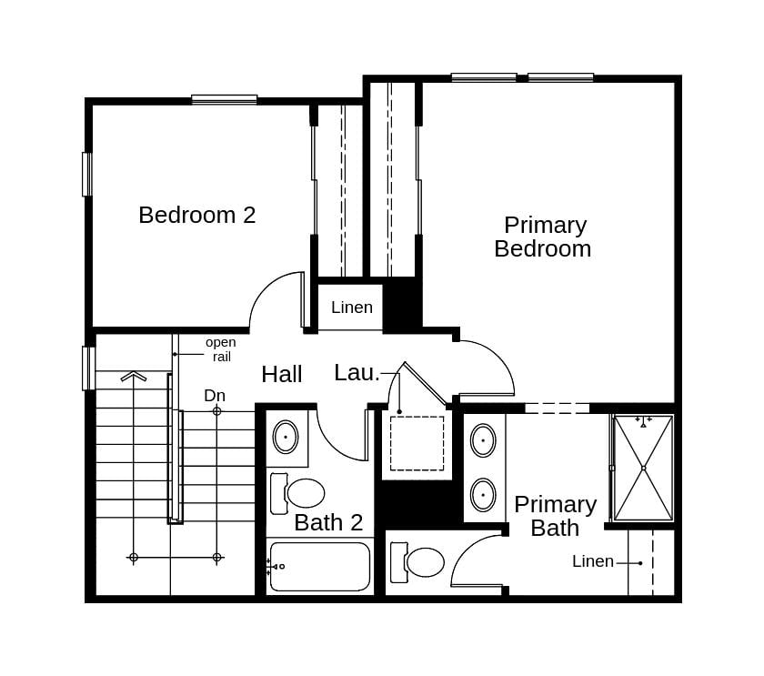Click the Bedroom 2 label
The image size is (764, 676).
(196, 216)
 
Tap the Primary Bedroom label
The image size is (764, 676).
(543, 237)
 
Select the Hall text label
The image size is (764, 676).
(281, 375)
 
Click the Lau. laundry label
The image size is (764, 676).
(357, 373)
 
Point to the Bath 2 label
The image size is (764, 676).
(328, 523)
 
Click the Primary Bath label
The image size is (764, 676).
(555, 516)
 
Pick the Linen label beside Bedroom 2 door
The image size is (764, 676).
(351, 308)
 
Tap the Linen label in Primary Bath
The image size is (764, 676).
(593, 562)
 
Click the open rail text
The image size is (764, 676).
(220, 349)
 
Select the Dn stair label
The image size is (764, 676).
(215, 396)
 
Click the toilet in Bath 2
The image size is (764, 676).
(299, 493)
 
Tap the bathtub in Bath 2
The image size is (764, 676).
(320, 567)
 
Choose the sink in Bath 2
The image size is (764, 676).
(286, 437)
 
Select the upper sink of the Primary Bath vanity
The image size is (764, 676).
(483, 440)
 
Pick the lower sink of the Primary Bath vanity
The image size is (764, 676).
(483, 495)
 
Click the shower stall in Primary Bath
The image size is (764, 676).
(643, 468)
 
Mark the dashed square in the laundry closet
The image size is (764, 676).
(417, 443)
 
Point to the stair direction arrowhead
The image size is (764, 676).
(134, 376)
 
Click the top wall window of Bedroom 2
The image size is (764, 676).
(224, 99)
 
